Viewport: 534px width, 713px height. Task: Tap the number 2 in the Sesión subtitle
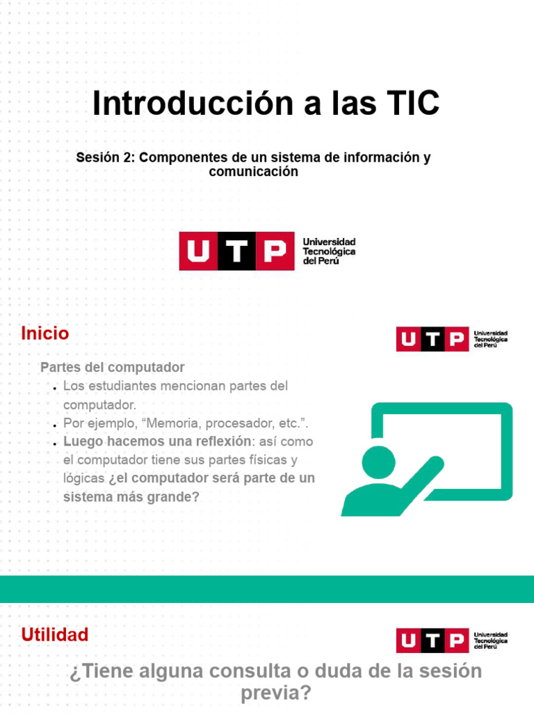tap(128, 157)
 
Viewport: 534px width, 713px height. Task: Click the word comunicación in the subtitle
tap(254, 171)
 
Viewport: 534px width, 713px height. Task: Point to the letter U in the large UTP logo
tap(198, 251)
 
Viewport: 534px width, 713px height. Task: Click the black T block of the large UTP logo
tap(237, 251)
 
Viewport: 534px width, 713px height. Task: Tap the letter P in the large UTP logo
tap(275, 251)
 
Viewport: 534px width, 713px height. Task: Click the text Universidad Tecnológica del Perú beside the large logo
tap(329, 251)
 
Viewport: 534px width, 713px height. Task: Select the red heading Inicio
tap(45, 334)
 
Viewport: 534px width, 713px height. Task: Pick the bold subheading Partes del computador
tap(113, 367)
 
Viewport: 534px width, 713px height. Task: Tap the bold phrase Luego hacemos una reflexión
tap(156, 441)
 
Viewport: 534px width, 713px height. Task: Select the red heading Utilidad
tap(55, 635)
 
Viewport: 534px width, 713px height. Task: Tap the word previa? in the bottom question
tap(276, 694)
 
